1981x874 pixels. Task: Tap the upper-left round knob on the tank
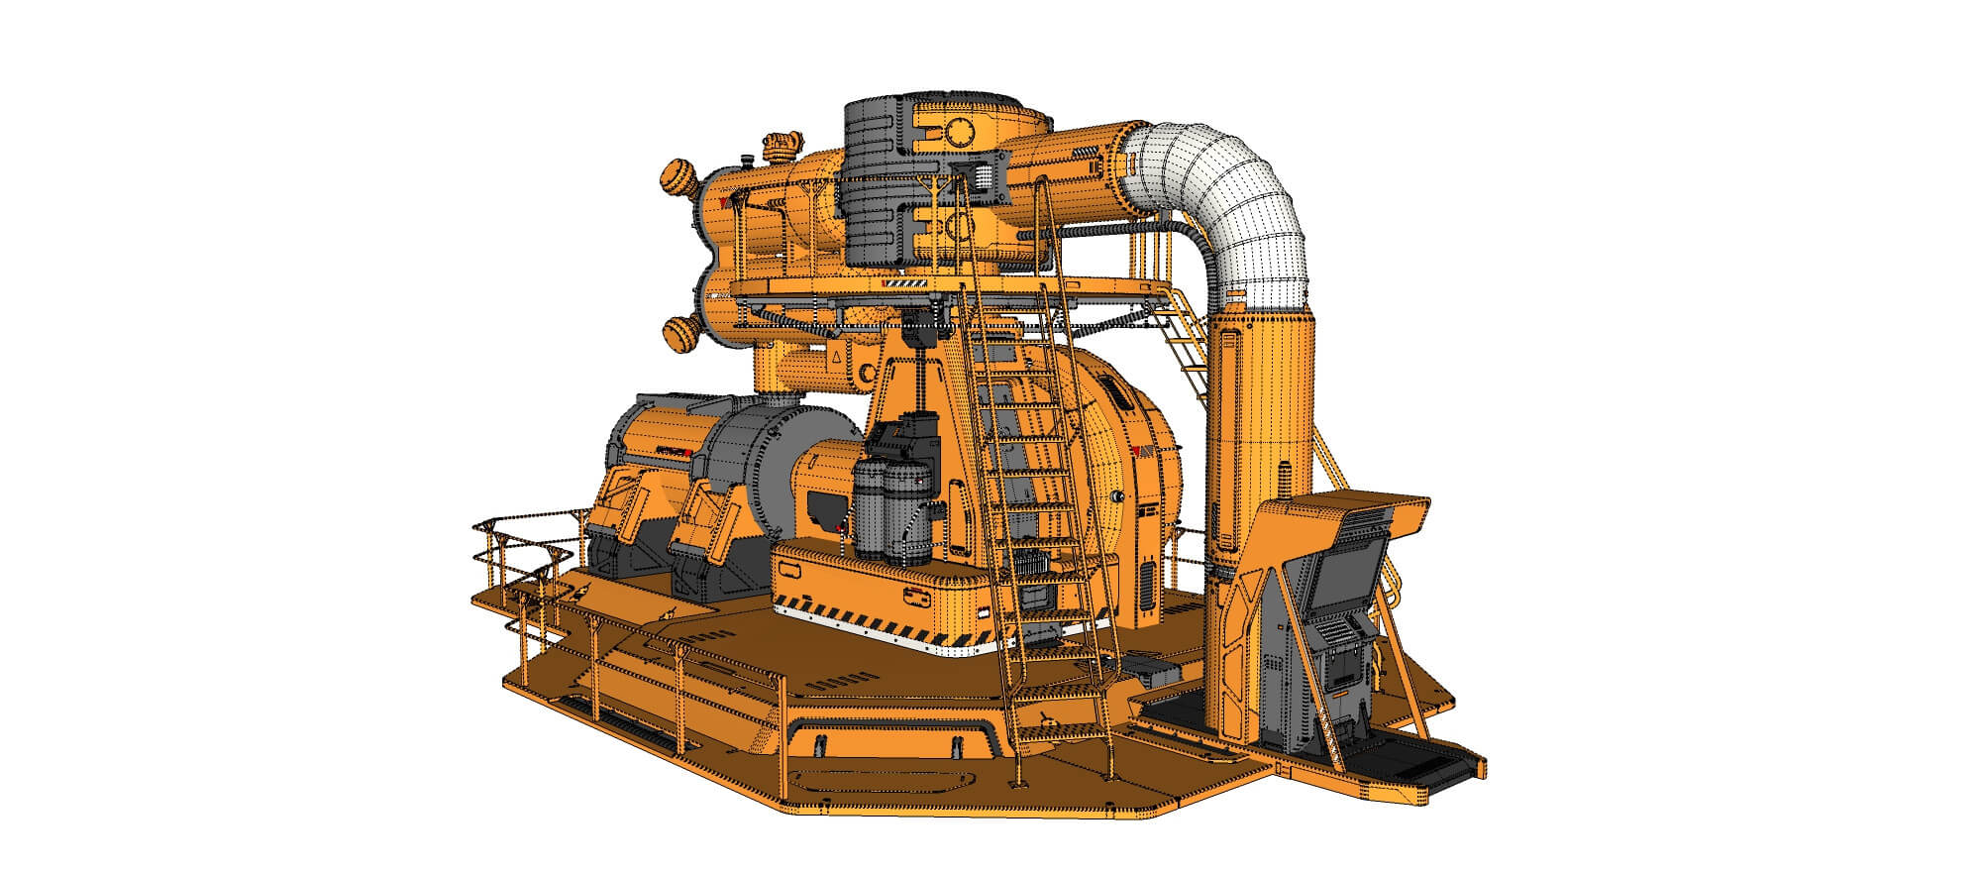[x=680, y=180]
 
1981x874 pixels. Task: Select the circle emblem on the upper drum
[x=959, y=130]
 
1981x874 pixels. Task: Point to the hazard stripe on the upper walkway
[x=906, y=285]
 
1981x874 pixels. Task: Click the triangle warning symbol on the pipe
[x=837, y=357]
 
